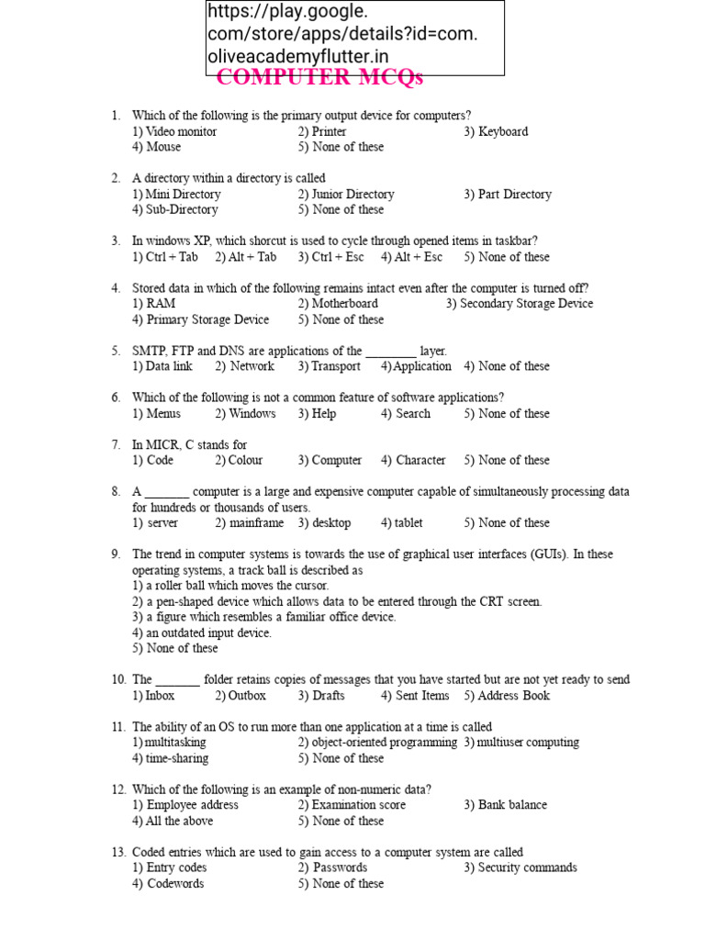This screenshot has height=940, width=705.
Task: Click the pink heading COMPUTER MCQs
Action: click(x=319, y=78)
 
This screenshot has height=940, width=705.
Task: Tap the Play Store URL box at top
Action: click(x=354, y=38)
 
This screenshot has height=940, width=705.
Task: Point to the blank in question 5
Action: click(x=390, y=351)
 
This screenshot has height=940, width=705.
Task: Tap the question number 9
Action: click(x=117, y=554)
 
